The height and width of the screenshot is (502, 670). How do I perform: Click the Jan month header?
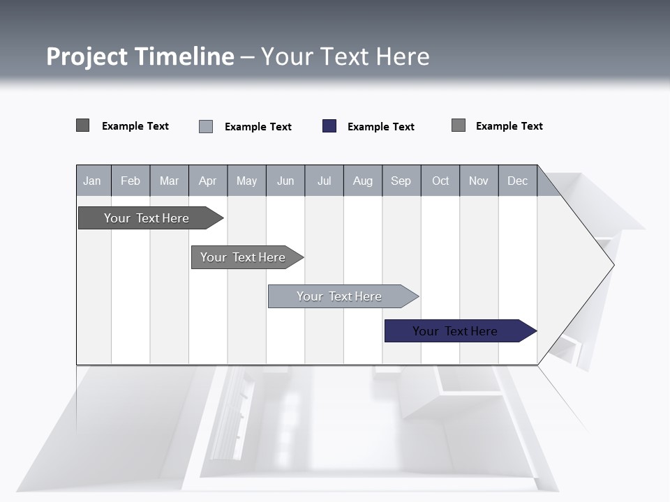pos(92,181)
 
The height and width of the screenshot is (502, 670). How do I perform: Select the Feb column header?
pos(131,181)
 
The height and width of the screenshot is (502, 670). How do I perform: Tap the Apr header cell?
pos(207,181)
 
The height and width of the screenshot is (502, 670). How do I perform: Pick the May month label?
pos(246,181)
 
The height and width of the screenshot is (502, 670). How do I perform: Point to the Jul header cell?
pos(324,181)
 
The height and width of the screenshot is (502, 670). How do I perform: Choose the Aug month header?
pos(362,181)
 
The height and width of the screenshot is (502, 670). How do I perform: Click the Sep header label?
pos(401,181)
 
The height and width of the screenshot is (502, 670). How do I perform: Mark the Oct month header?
pos(440,181)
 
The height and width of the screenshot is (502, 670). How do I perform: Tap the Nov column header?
pos(479,181)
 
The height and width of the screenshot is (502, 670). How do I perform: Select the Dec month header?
pos(517,181)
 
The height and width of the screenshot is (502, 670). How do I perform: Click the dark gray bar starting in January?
pos(147,218)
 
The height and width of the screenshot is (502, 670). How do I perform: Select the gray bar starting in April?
pos(243,257)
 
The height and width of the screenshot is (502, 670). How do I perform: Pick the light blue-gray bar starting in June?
pos(339,296)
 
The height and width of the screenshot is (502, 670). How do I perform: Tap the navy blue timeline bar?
pos(455,331)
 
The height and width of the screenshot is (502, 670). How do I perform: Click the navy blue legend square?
pos(329,126)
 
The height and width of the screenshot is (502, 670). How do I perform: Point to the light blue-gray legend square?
pos(206,126)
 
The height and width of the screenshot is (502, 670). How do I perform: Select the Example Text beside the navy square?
pos(381,127)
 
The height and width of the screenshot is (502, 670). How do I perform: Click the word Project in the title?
pos(86,56)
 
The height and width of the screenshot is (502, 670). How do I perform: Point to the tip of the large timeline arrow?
pos(613,264)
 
